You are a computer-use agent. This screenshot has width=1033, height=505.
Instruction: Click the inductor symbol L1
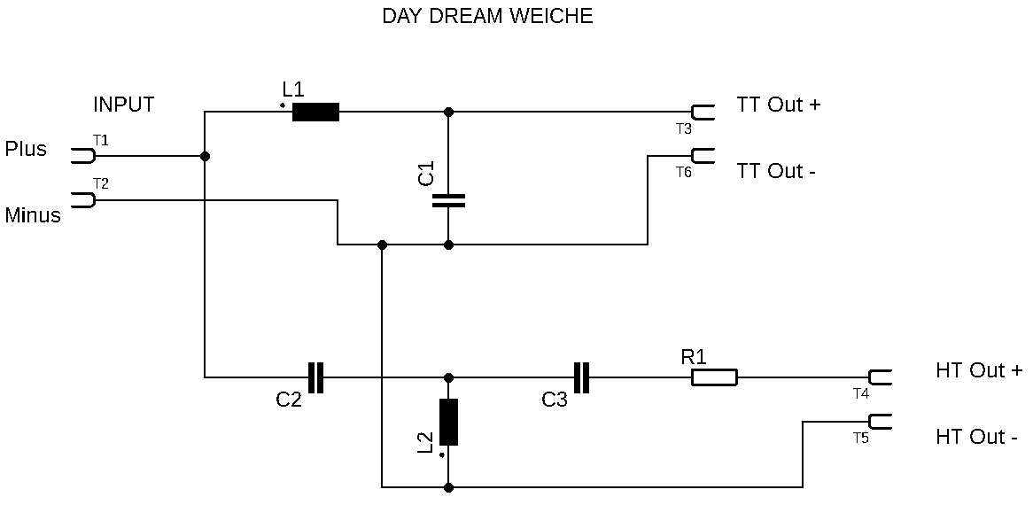click(x=315, y=112)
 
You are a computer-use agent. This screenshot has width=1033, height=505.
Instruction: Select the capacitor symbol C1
click(x=448, y=200)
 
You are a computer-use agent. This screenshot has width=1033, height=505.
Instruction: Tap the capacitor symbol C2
click(x=315, y=377)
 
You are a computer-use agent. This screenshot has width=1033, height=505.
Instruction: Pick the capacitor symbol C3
click(x=581, y=377)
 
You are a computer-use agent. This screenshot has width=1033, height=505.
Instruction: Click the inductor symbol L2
click(x=448, y=422)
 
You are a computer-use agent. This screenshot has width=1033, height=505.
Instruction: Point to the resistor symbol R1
click(x=714, y=377)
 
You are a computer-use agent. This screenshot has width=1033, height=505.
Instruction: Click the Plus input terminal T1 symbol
click(x=82, y=156)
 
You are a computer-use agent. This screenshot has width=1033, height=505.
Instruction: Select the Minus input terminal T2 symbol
click(x=82, y=200)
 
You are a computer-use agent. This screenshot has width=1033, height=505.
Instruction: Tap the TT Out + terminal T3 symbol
click(x=703, y=112)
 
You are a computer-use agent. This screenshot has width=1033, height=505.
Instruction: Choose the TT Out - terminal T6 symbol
click(x=703, y=156)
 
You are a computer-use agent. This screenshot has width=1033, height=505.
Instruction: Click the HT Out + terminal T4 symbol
click(x=880, y=377)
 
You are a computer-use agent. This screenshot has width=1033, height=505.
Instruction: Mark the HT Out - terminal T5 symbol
click(x=880, y=422)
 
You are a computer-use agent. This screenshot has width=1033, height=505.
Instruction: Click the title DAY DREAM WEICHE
click(x=487, y=16)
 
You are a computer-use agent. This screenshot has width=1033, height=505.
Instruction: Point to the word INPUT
click(x=124, y=105)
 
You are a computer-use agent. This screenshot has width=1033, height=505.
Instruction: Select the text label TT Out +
click(x=779, y=105)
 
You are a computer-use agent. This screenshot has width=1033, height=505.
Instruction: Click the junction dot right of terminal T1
click(x=206, y=156)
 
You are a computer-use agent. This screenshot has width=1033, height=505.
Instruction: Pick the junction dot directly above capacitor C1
click(x=448, y=112)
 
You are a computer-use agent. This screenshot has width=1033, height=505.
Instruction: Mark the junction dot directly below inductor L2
click(x=448, y=487)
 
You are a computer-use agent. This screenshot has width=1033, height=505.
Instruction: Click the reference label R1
click(x=694, y=357)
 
